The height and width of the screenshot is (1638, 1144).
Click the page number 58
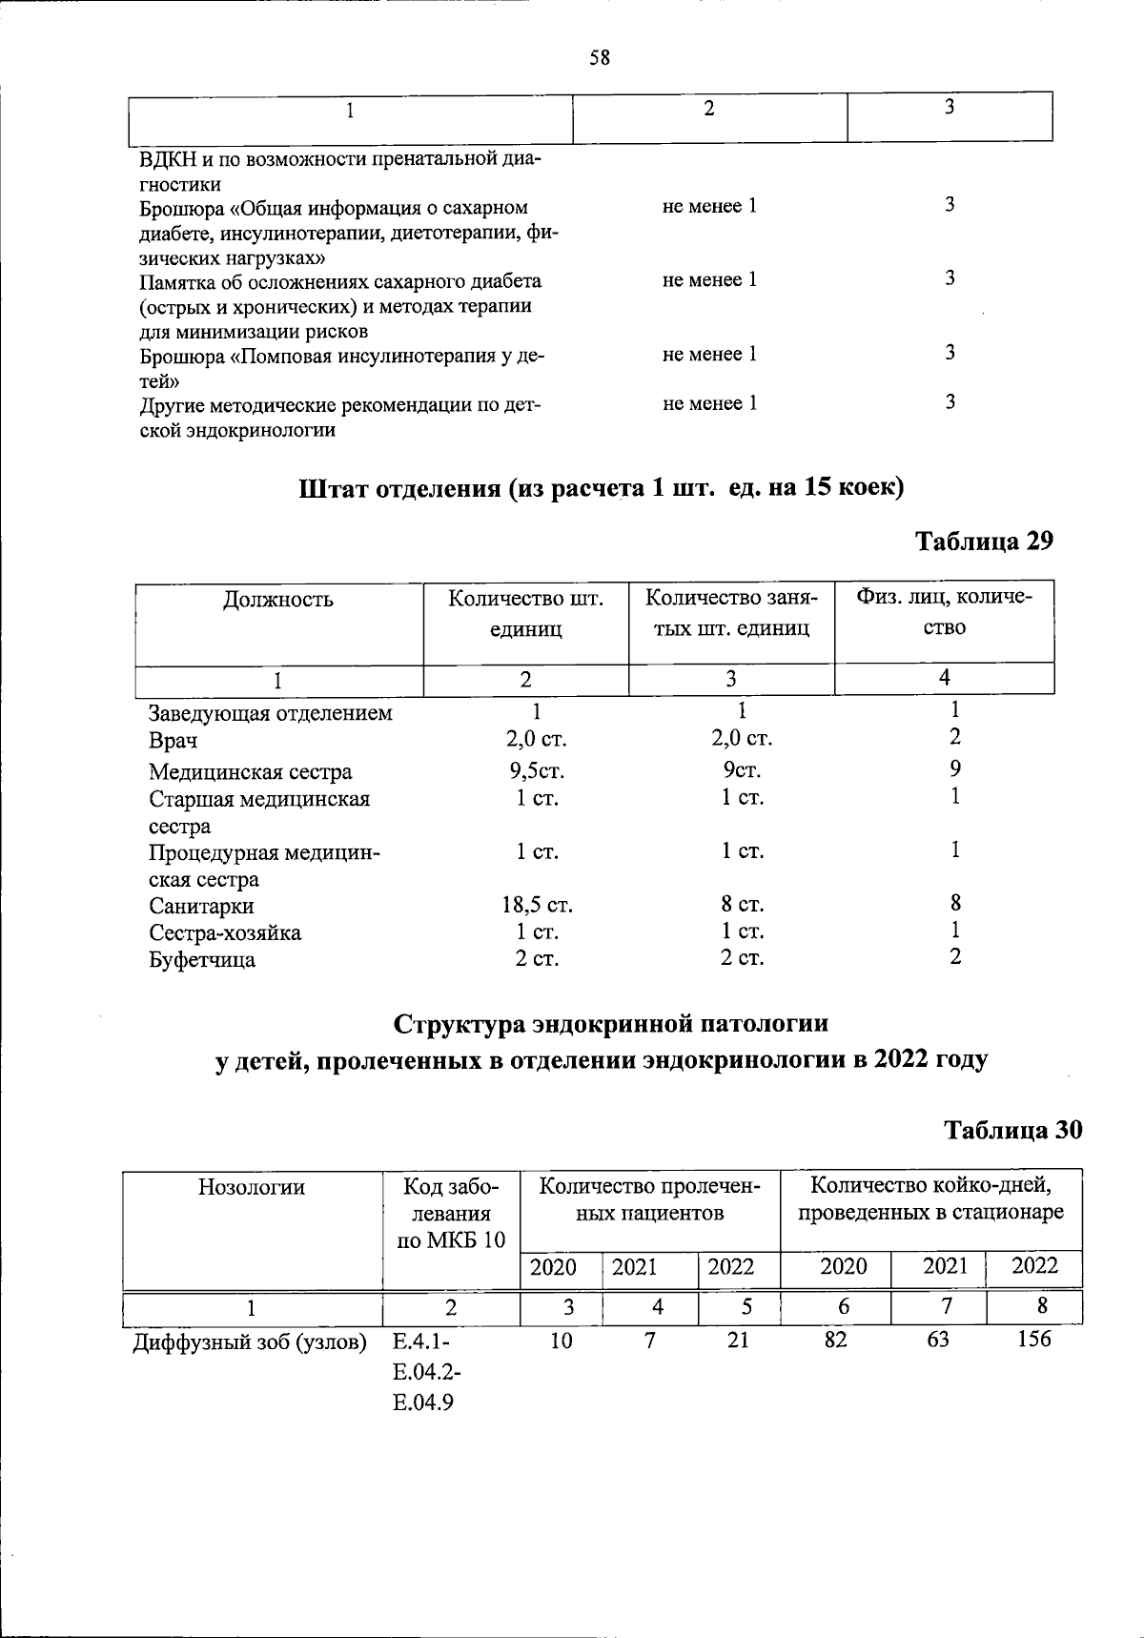599,58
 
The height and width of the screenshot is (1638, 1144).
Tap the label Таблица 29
984,542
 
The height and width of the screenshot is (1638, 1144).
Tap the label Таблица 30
1012,1130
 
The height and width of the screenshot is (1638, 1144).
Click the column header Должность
278,600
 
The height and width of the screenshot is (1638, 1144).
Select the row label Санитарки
201,906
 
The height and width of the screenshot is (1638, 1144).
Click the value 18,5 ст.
537,905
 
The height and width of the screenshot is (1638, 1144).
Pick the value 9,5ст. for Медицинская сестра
537,770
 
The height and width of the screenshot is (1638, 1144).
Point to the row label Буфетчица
202,960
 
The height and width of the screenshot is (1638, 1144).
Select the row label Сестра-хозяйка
225,932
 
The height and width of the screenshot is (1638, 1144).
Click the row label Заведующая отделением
270,713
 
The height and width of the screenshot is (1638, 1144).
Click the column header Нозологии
252,1187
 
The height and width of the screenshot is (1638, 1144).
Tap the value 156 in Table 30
1033,1340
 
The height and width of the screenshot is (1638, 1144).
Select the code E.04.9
423,1403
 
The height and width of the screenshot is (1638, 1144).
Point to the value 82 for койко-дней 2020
835,1340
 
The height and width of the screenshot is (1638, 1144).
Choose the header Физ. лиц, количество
944,612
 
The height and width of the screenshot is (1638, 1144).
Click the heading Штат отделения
399,488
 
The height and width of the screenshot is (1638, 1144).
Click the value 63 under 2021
937,1340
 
